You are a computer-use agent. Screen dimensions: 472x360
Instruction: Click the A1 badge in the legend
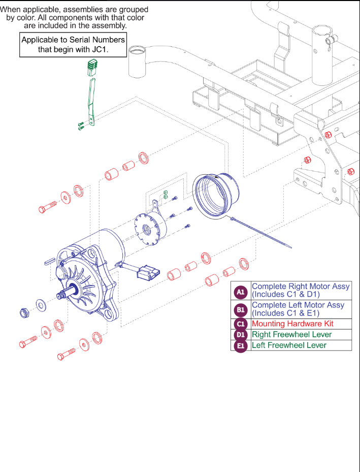241,292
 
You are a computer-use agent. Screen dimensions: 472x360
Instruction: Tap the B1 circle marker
241,309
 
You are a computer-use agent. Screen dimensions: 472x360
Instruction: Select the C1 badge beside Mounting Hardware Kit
241,324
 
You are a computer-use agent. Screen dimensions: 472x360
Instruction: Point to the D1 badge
241,335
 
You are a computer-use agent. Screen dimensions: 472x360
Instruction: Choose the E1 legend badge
241,345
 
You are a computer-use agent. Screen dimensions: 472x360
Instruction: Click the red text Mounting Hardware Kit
292,324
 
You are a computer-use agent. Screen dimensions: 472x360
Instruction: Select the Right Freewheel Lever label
291,335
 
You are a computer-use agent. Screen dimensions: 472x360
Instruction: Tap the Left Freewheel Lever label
289,345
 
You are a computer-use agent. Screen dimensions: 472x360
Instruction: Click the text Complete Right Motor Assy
301,287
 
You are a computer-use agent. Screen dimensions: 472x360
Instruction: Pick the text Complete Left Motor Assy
298,305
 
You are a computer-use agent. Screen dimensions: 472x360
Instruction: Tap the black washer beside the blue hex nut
40,306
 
